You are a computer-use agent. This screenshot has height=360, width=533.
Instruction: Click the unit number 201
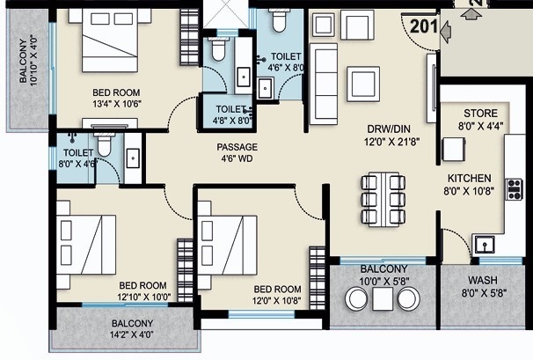click(424, 26)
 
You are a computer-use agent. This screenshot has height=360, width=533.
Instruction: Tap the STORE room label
click(480, 114)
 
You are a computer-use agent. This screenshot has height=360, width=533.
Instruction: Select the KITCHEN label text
click(469, 179)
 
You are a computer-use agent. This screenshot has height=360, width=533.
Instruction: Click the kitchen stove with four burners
click(514, 189)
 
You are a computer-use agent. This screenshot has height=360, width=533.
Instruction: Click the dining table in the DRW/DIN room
click(383, 200)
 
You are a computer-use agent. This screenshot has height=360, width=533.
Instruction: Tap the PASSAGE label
click(237, 147)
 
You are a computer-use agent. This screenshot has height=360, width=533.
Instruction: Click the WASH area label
click(482, 281)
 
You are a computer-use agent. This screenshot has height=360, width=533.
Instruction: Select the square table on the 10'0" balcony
click(383, 298)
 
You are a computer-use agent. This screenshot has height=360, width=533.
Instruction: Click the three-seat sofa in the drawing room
click(324, 84)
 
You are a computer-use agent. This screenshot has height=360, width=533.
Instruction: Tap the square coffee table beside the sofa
click(363, 84)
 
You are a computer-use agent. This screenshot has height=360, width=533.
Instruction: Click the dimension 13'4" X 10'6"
click(117, 104)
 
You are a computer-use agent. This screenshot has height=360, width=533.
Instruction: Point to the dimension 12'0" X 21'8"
click(392, 141)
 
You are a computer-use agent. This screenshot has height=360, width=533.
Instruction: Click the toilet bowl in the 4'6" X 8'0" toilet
click(280, 19)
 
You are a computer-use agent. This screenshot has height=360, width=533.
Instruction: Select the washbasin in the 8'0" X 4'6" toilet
click(133, 158)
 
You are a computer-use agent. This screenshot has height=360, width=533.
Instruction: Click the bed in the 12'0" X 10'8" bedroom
click(227, 245)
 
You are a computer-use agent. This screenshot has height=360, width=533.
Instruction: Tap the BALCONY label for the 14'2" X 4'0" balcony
click(132, 323)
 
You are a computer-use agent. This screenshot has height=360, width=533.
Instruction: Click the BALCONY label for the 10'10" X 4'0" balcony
click(23, 61)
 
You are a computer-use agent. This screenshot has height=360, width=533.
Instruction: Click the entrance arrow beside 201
click(446, 32)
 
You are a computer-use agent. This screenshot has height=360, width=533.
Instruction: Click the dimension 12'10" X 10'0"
click(144, 297)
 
